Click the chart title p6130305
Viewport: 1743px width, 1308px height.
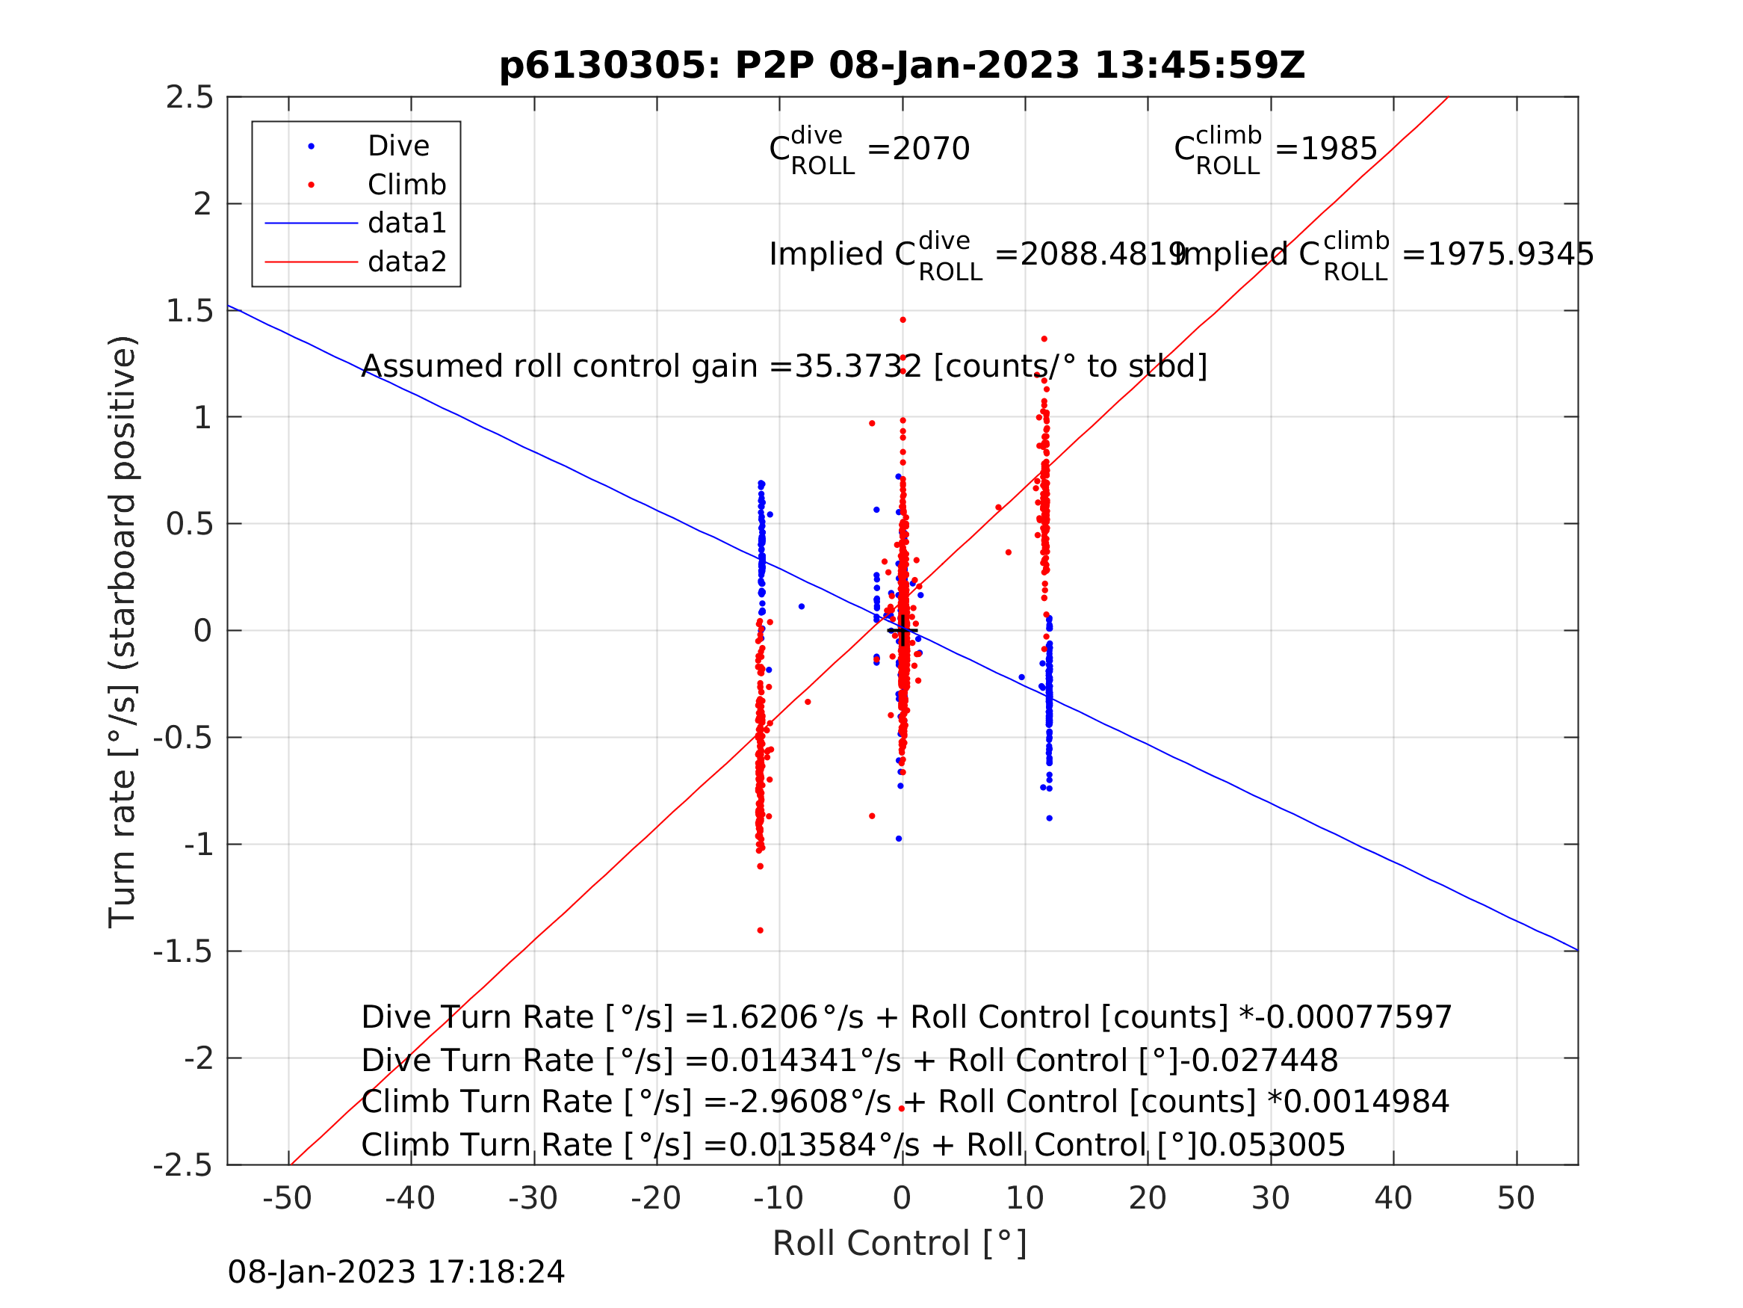[903, 66]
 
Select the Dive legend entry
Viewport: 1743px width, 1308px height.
[398, 146]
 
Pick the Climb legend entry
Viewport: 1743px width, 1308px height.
[406, 185]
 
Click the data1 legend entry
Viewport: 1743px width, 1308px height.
[406, 224]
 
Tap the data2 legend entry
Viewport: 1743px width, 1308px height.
[406, 262]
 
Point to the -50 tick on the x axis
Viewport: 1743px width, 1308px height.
[288, 1199]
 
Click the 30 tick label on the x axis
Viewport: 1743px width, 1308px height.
[1270, 1199]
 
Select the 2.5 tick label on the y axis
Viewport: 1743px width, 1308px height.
[190, 98]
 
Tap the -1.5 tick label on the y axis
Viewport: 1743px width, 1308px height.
[184, 952]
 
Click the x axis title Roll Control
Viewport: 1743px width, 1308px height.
[900, 1244]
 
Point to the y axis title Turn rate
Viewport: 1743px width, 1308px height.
[123, 632]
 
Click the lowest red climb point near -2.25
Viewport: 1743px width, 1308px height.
[902, 1109]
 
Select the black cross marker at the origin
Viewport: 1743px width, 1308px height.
[903, 631]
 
